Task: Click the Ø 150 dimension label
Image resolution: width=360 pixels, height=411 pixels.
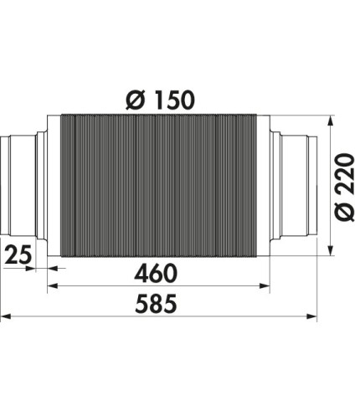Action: (160, 100)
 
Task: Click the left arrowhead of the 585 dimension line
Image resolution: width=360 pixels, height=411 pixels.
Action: (5, 317)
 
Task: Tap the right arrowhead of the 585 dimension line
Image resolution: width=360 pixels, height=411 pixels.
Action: (314, 317)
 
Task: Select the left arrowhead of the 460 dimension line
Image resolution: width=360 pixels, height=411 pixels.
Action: (52, 286)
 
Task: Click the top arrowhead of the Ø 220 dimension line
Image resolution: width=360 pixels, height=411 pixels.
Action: (332, 120)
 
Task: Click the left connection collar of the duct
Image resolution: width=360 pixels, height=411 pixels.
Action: (20, 187)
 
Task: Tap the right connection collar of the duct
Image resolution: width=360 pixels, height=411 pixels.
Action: (297, 187)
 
